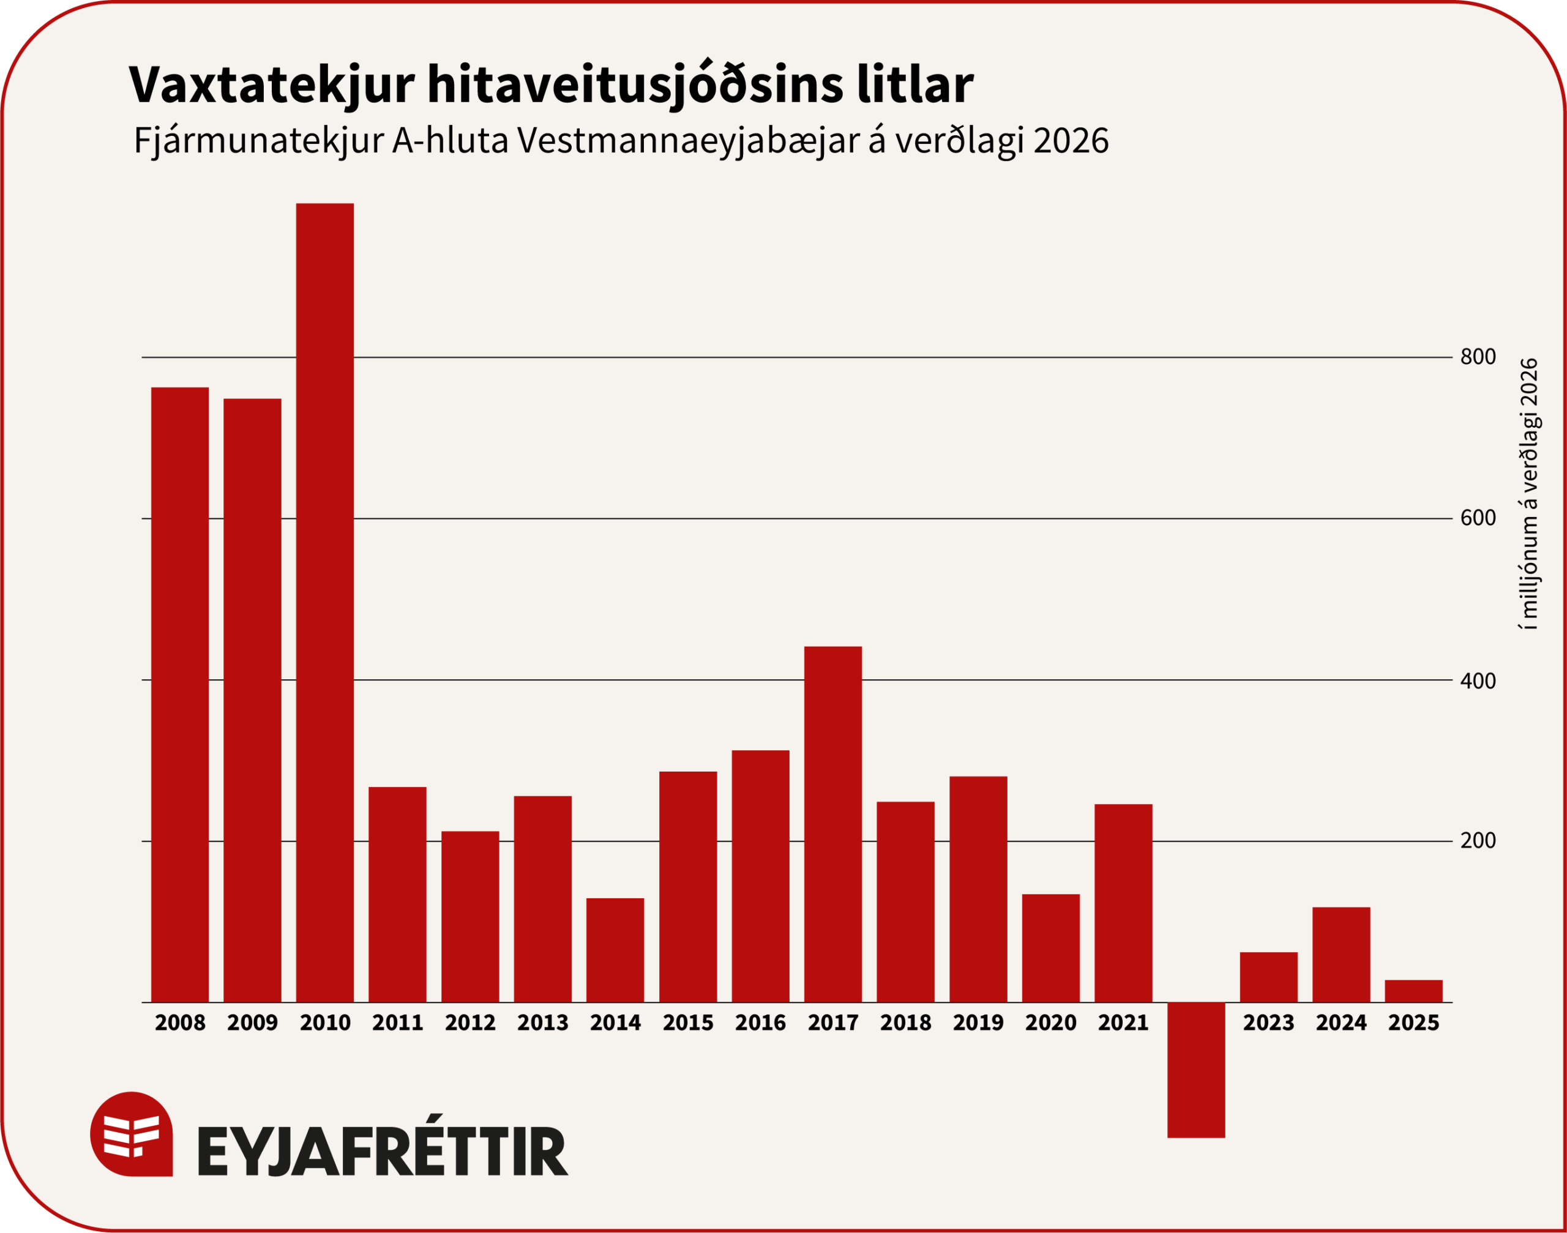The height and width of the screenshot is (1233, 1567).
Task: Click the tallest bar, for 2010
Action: tap(325, 603)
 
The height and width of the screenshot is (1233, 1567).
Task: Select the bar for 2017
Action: tap(832, 824)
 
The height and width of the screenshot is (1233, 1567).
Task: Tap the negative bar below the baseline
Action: tap(1196, 1069)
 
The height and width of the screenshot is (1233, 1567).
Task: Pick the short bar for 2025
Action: tap(1413, 991)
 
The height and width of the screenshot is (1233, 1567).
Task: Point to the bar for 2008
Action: tap(180, 695)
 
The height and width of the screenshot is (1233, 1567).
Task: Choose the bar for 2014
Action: tap(615, 950)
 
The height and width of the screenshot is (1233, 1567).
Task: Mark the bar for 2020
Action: tap(1050, 948)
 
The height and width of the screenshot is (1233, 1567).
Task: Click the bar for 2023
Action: tap(1268, 977)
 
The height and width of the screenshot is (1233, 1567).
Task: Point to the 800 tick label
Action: tap(1478, 357)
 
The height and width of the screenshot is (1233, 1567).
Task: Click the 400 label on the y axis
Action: tap(1478, 680)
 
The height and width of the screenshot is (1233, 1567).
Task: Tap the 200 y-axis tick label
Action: tap(1478, 841)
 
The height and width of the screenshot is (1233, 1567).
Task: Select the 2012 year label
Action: tap(470, 1023)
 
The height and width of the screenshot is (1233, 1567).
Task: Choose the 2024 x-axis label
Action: tap(1341, 1023)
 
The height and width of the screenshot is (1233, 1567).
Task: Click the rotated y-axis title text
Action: tap(1530, 494)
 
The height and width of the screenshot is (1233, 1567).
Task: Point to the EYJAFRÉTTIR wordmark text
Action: tap(383, 1151)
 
